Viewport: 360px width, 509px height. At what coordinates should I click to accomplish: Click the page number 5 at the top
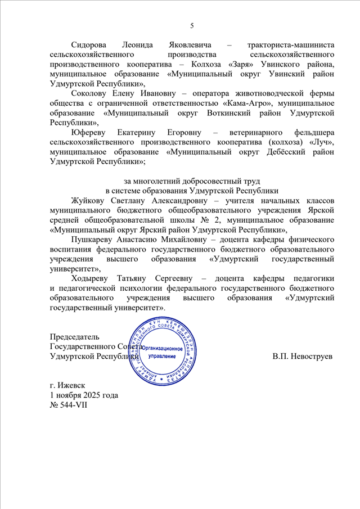pyautogui.click(x=192, y=25)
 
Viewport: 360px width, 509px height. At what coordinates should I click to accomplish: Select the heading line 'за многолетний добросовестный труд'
pyautogui.click(x=192, y=181)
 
